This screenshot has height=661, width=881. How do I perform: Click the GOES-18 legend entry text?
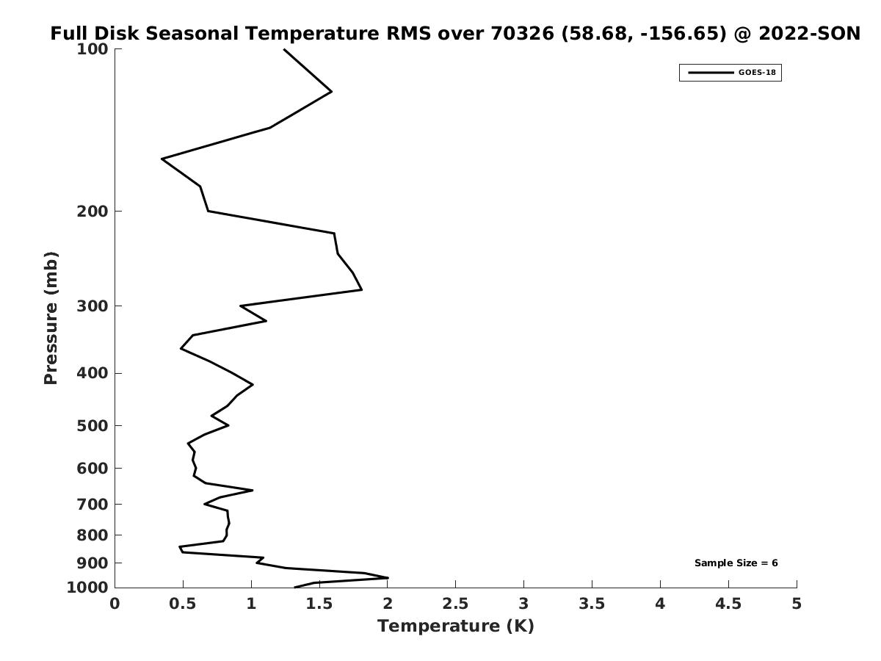[x=756, y=73]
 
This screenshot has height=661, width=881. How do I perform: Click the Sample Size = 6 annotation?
[x=736, y=563]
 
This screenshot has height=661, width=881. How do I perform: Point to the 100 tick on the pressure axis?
[x=93, y=49]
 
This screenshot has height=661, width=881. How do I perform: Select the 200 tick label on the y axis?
[x=93, y=212]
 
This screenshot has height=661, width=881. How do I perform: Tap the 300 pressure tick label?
[x=93, y=306]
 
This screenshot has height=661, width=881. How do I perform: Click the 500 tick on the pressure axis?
[x=93, y=426]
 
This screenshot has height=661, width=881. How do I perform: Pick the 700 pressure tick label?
[x=93, y=505]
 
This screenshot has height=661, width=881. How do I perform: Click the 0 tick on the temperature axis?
[x=115, y=604]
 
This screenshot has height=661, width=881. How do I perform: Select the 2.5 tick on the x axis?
[x=455, y=604]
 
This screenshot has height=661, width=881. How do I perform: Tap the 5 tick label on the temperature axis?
[x=797, y=604]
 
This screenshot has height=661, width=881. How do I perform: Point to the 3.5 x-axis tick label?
[x=592, y=604]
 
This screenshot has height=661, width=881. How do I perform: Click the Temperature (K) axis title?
[x=455, y=626]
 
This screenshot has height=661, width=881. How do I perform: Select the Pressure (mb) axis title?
[x=51, y=318]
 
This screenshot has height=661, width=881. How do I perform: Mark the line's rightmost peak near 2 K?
[x=387, y=578]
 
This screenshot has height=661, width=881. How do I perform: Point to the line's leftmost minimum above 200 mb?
[x=162, y=159]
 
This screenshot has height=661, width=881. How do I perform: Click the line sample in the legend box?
[x=710, y=73]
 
